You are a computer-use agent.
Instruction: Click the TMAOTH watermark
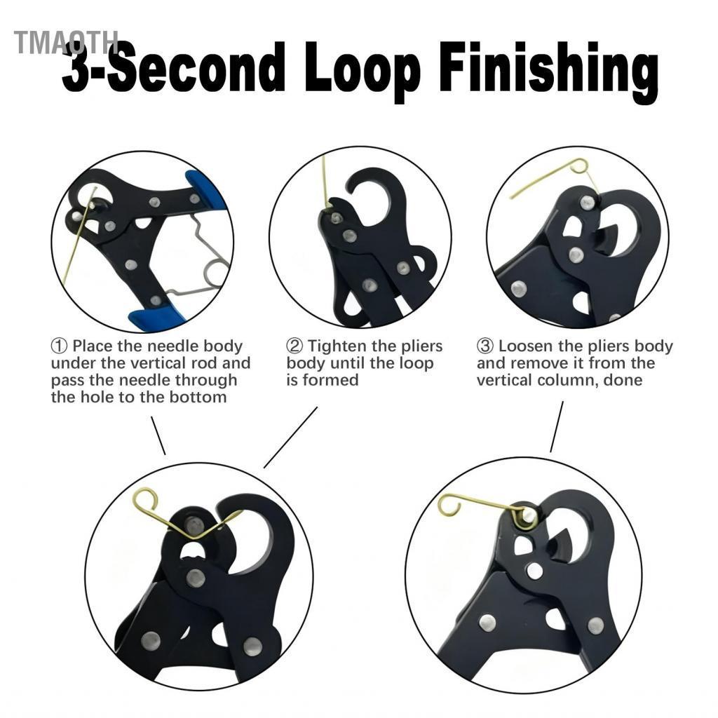click(65, 42)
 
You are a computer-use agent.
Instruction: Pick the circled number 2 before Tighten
click(294, 346)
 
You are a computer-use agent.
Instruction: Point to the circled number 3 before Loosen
click(485, 346)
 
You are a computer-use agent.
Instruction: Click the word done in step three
click(623, 380)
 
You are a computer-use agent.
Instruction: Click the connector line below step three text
click(556, 427)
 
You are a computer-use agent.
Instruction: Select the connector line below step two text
click(290, 438)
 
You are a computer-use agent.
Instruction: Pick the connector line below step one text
click(158, 435)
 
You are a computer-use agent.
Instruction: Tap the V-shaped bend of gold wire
click(194, 535)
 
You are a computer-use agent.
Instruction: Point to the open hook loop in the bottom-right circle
click(449, 505)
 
